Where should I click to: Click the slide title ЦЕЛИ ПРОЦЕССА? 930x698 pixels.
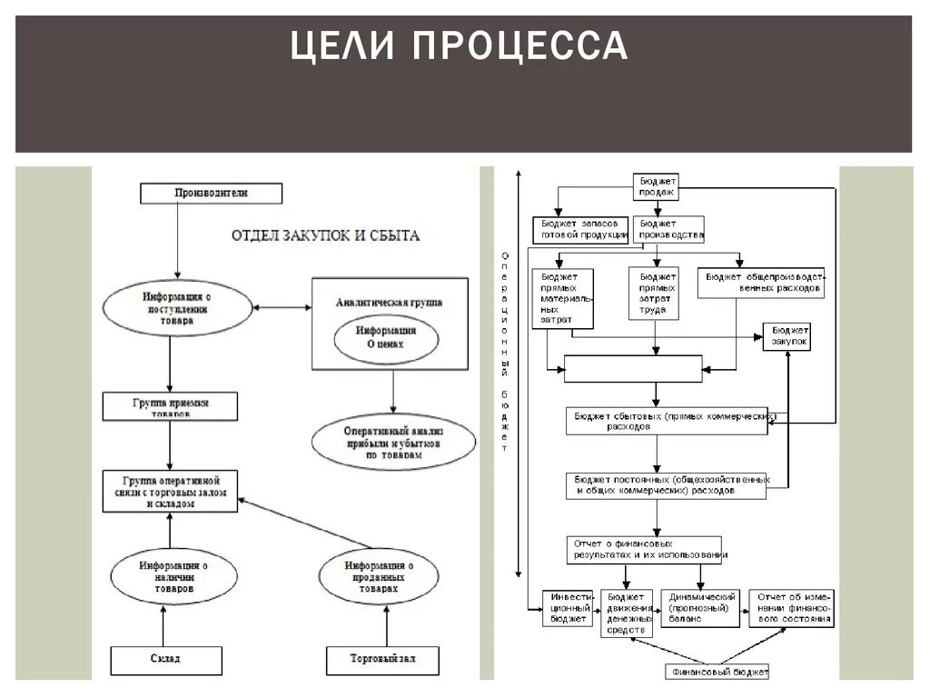point(459,46)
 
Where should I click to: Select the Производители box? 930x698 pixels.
point(211,193)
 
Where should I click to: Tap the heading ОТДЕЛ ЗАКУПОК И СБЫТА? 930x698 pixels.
point(325,235)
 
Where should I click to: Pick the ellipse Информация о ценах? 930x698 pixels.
point(385,338)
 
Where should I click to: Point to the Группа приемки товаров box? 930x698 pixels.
point(171,405)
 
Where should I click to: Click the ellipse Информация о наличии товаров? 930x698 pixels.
point(173,577)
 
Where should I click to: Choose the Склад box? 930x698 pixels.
point(166,659)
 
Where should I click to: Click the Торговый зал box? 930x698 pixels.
point(382,659)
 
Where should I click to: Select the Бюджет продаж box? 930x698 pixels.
point(657,186)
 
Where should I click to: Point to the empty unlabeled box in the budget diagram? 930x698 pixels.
point(633,369)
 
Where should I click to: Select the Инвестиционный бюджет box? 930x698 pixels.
point(569,608)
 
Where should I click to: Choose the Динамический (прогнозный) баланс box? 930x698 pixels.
point(700,608)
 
